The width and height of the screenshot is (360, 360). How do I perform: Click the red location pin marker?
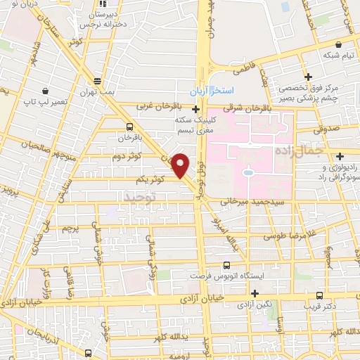[181, 165]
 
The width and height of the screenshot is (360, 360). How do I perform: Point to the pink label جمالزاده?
[319, 150]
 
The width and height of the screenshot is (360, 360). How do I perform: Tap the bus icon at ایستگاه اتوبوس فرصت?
[226, 265]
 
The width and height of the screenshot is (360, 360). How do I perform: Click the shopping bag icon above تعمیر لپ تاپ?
[46, 91]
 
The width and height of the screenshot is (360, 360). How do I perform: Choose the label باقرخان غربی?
[157, 107]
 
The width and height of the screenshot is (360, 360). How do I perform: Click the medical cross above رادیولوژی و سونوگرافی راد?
[340, 156]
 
